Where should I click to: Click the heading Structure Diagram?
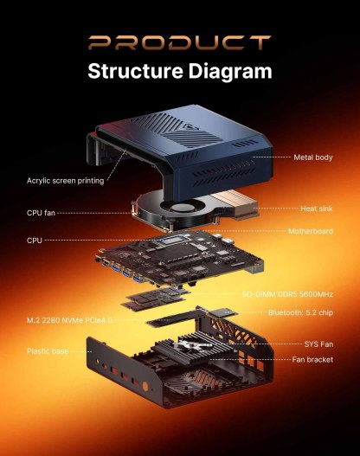tap(179, 70)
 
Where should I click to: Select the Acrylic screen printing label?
tap(65, 181)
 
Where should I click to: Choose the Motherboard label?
tap(311, 231)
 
